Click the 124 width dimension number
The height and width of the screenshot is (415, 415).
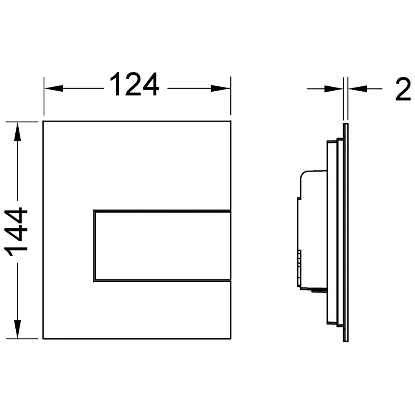[x=134, y=85]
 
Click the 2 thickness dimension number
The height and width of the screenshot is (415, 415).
[x=403, y=89]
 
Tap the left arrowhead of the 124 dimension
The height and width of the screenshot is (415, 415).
[x=54, y=88]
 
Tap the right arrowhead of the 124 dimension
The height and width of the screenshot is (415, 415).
[x=220, y=88]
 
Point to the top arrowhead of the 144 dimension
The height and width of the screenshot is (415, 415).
[x=17, y=132]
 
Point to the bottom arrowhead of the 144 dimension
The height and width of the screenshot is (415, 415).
[x=17, y=329]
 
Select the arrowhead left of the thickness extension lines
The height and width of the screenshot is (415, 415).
[x=334, y=89]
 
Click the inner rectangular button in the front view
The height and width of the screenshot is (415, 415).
[x=162, y=246]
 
